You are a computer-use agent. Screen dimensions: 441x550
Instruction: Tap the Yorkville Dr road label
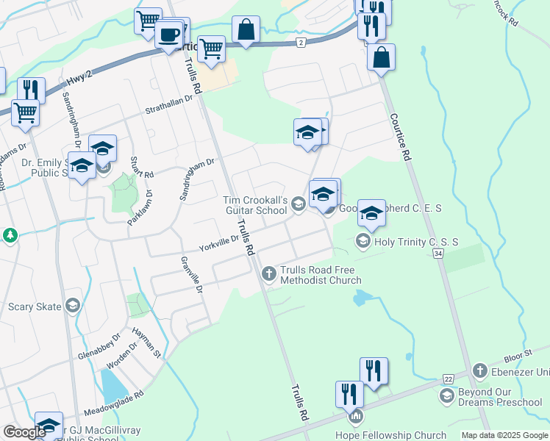click(219, 243)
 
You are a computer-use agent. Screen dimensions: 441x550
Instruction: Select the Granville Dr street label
click(190, 274)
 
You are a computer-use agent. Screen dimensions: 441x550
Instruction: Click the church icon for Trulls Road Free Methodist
click(268, 274)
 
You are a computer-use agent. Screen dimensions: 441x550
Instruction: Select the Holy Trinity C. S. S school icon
click(362, 240)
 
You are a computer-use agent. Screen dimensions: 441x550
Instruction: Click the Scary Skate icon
click(72, 306)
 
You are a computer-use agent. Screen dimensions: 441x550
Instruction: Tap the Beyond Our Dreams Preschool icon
click(446, 396)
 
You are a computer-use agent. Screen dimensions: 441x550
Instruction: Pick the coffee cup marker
click(168, 34)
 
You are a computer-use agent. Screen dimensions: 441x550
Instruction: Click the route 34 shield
click(439, 253)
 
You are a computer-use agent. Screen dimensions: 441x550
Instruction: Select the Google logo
click(24, 431)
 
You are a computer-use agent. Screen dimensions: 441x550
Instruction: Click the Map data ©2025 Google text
click(505, 435)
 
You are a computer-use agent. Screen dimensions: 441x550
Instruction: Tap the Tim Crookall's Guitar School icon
click(298, 204)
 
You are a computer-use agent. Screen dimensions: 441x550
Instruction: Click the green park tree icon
click(10, 235)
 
